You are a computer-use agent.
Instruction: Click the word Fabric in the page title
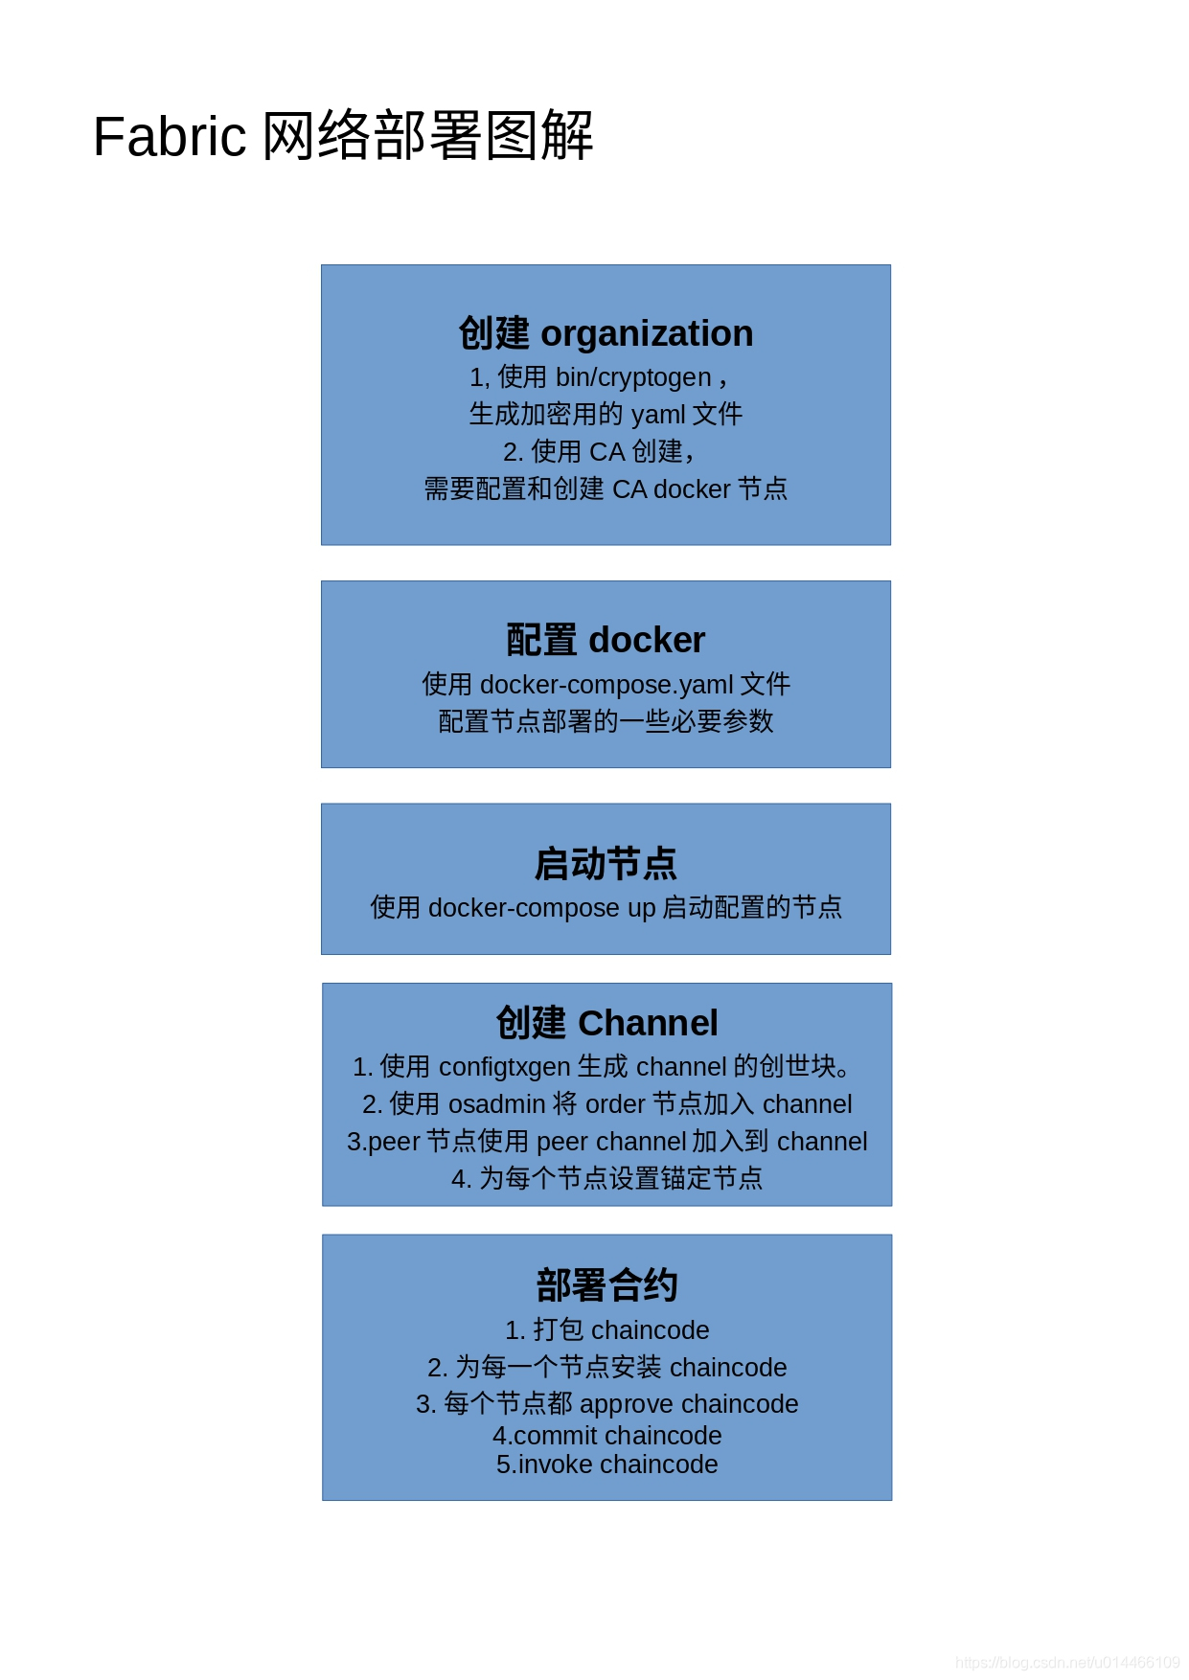[170, 137]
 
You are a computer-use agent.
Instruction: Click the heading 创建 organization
[606, 333]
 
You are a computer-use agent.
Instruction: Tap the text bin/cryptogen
[633, 377]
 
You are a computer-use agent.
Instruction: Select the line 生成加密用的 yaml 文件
[606, 414]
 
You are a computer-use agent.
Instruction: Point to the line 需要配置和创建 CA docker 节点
[606, 488]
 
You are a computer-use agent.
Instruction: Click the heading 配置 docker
[606, 640]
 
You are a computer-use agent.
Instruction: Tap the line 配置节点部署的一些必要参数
[606, 720]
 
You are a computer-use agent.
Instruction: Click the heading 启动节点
[606, 863]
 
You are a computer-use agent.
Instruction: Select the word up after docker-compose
[641, 908]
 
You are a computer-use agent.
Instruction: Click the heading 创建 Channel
[606, 1023]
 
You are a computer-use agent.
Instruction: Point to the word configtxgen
[504, 1067]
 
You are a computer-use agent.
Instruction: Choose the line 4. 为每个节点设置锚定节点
[606, 1178]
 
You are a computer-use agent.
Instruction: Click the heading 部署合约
[606, 1285]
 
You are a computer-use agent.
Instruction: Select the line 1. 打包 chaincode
[606, 1329]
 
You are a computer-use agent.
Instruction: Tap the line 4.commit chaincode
[606, 1436]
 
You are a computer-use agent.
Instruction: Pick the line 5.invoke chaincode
[606, 1464]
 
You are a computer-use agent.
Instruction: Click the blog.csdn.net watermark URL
[1067, 1663]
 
